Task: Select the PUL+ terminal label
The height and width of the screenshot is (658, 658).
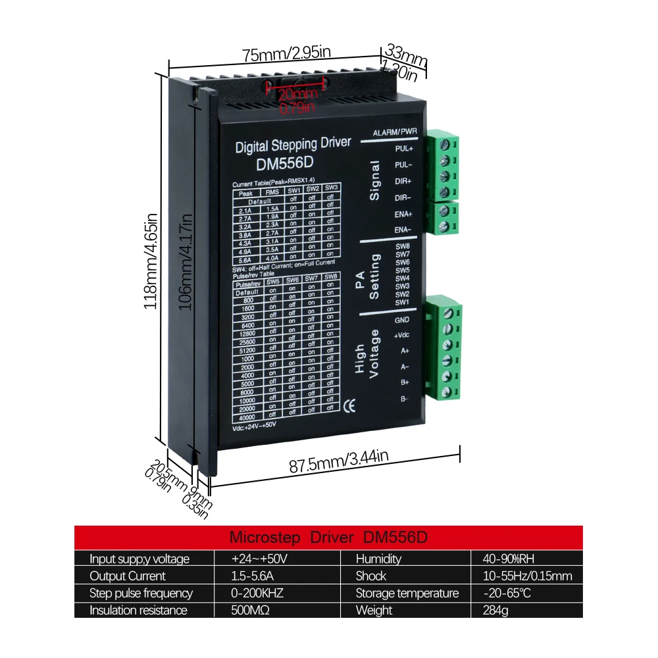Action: click(x=403, y=149)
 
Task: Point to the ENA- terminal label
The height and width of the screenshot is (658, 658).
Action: click(x=403, y=229)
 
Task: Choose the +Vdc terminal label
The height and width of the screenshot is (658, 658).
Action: click(x=401, y=336)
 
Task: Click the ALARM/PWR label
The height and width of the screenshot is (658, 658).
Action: click(x=395, y=132)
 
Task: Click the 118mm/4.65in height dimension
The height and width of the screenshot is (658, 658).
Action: click(x=149, y=261)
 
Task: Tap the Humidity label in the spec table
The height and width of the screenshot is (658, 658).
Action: click(x=378, y=559)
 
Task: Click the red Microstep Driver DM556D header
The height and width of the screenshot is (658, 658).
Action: click(x=328, y=536)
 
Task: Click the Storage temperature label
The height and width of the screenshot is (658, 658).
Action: click(x=407, y=594)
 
